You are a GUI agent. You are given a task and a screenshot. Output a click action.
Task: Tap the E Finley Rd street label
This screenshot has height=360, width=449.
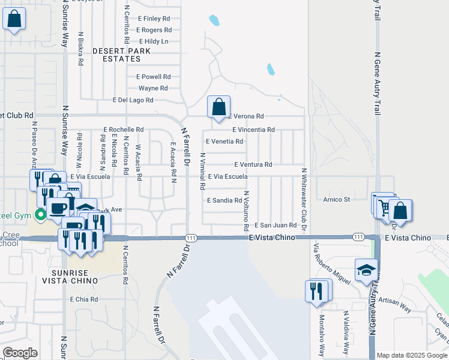pyautogui.click(x=154, y=19)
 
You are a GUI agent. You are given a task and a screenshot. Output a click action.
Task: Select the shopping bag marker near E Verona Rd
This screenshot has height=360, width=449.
pyautogui.click(x=219, y=107)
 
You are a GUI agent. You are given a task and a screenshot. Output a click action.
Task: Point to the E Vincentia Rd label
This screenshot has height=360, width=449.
pyautogui.click(x=253, y=130)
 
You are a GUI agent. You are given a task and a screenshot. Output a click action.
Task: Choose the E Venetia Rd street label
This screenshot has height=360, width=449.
pyautogui.click(x=224, y=142)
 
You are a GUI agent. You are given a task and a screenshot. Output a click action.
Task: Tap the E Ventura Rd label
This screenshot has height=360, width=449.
pyautogui.click(x=253, y=164)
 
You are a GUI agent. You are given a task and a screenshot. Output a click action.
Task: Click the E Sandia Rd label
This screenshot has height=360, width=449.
pyautogui.click(x=224, y=200)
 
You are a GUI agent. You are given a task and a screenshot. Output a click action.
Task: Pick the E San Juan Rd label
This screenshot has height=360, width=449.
pyautogui.click(x=276, y=226)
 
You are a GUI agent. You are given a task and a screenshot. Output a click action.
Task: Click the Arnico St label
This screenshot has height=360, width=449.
pyautogui.click(x=337, y=199)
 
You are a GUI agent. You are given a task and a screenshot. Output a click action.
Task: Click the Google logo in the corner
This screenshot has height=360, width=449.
pyautogui.click(x=20, y=353)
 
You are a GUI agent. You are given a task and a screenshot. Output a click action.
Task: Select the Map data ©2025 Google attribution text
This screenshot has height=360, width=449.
pyautogui.click(x=412, y=355)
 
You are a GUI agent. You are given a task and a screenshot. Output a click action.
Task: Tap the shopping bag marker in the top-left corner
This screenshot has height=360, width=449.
pyautogui.click(x=14, y=19)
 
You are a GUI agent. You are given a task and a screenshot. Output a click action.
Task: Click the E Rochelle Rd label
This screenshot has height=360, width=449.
pyautogui.click(x=124, y=130)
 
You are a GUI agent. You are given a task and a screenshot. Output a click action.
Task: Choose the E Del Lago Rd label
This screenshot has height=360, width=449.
pyautogui.click(x=133, y=100)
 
